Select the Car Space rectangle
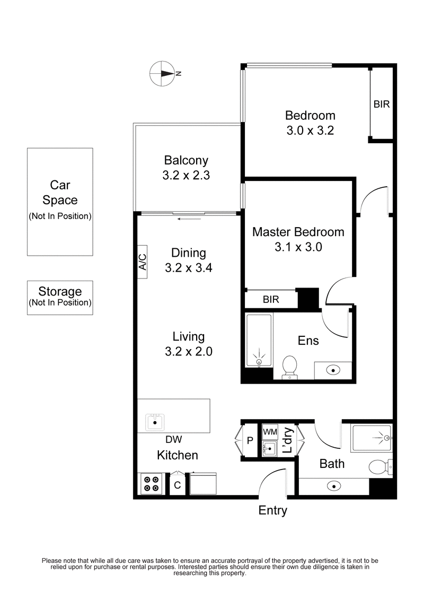point(60,202)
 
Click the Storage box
point(60,297)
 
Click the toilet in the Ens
point(289,367)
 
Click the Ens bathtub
point(259,341)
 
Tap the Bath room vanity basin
point(333,484)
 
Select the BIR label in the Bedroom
point(382,105)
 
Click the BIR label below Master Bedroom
point(271,300)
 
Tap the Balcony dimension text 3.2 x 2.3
point(186,175)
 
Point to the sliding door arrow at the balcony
point(190,218)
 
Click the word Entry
point(272,511)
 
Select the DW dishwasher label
point(173,439)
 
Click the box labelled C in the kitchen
point(178,485)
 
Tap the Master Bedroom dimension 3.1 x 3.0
point(297,247)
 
